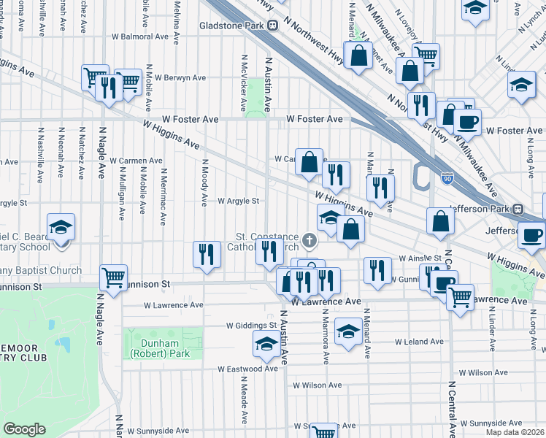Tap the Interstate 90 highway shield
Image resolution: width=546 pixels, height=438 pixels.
[x=447, y=177]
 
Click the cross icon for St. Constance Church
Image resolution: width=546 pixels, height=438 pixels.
[x=310, y=239]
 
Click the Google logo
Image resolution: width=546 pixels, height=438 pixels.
[x=24, y=429]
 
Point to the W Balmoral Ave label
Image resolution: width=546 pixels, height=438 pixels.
[x=140, y=36]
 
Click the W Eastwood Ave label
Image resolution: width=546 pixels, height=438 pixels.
[x=247, y=369]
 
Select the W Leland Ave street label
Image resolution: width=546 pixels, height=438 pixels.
[x=419, y=341]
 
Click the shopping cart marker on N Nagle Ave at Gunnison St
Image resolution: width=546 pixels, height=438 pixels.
[x=113, y=277]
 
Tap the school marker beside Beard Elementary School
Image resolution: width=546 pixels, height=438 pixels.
[x=61, y=226]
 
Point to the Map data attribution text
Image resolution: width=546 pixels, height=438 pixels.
[x=515, y=432]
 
